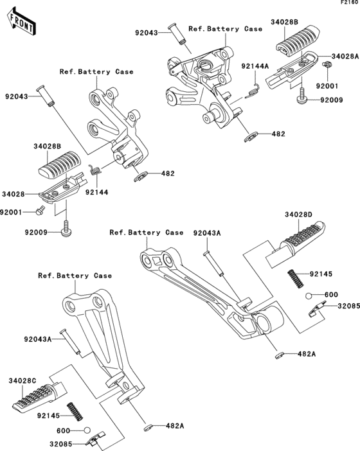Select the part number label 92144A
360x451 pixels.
coord(255,66)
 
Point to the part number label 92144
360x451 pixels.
coord(96,191)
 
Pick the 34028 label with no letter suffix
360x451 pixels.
coord(13,193)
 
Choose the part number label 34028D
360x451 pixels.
coord(299,215)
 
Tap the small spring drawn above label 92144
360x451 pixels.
coord(93,171)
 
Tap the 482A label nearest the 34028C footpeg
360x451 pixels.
coord(175,426)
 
